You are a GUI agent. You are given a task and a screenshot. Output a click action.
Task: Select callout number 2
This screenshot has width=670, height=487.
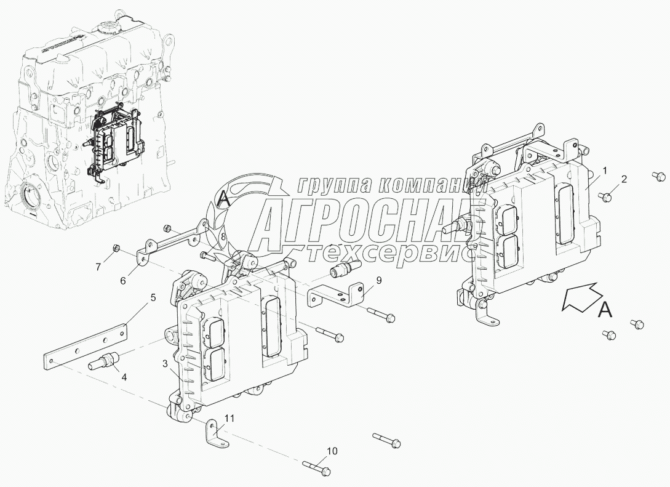[x=624, y=180]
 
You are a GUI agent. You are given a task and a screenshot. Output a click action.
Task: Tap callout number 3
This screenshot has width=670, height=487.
[x=165, y=364]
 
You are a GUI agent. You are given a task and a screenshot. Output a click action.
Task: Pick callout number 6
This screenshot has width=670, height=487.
[x=123, y=280]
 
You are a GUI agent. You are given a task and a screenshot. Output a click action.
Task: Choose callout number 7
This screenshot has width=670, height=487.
[x=97, y=267]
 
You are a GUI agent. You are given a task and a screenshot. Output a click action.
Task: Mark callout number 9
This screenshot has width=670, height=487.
[x=378, y=280]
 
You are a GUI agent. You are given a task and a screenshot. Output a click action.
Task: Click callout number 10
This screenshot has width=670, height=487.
[x=332, y=451]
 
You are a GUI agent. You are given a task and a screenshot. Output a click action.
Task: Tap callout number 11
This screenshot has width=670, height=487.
[x=229, y=419]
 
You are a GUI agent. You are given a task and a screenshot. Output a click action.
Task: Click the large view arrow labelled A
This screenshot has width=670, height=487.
[x=582, y=297]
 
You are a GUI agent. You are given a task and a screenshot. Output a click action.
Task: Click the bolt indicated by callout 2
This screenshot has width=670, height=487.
[x=605, y=196]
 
